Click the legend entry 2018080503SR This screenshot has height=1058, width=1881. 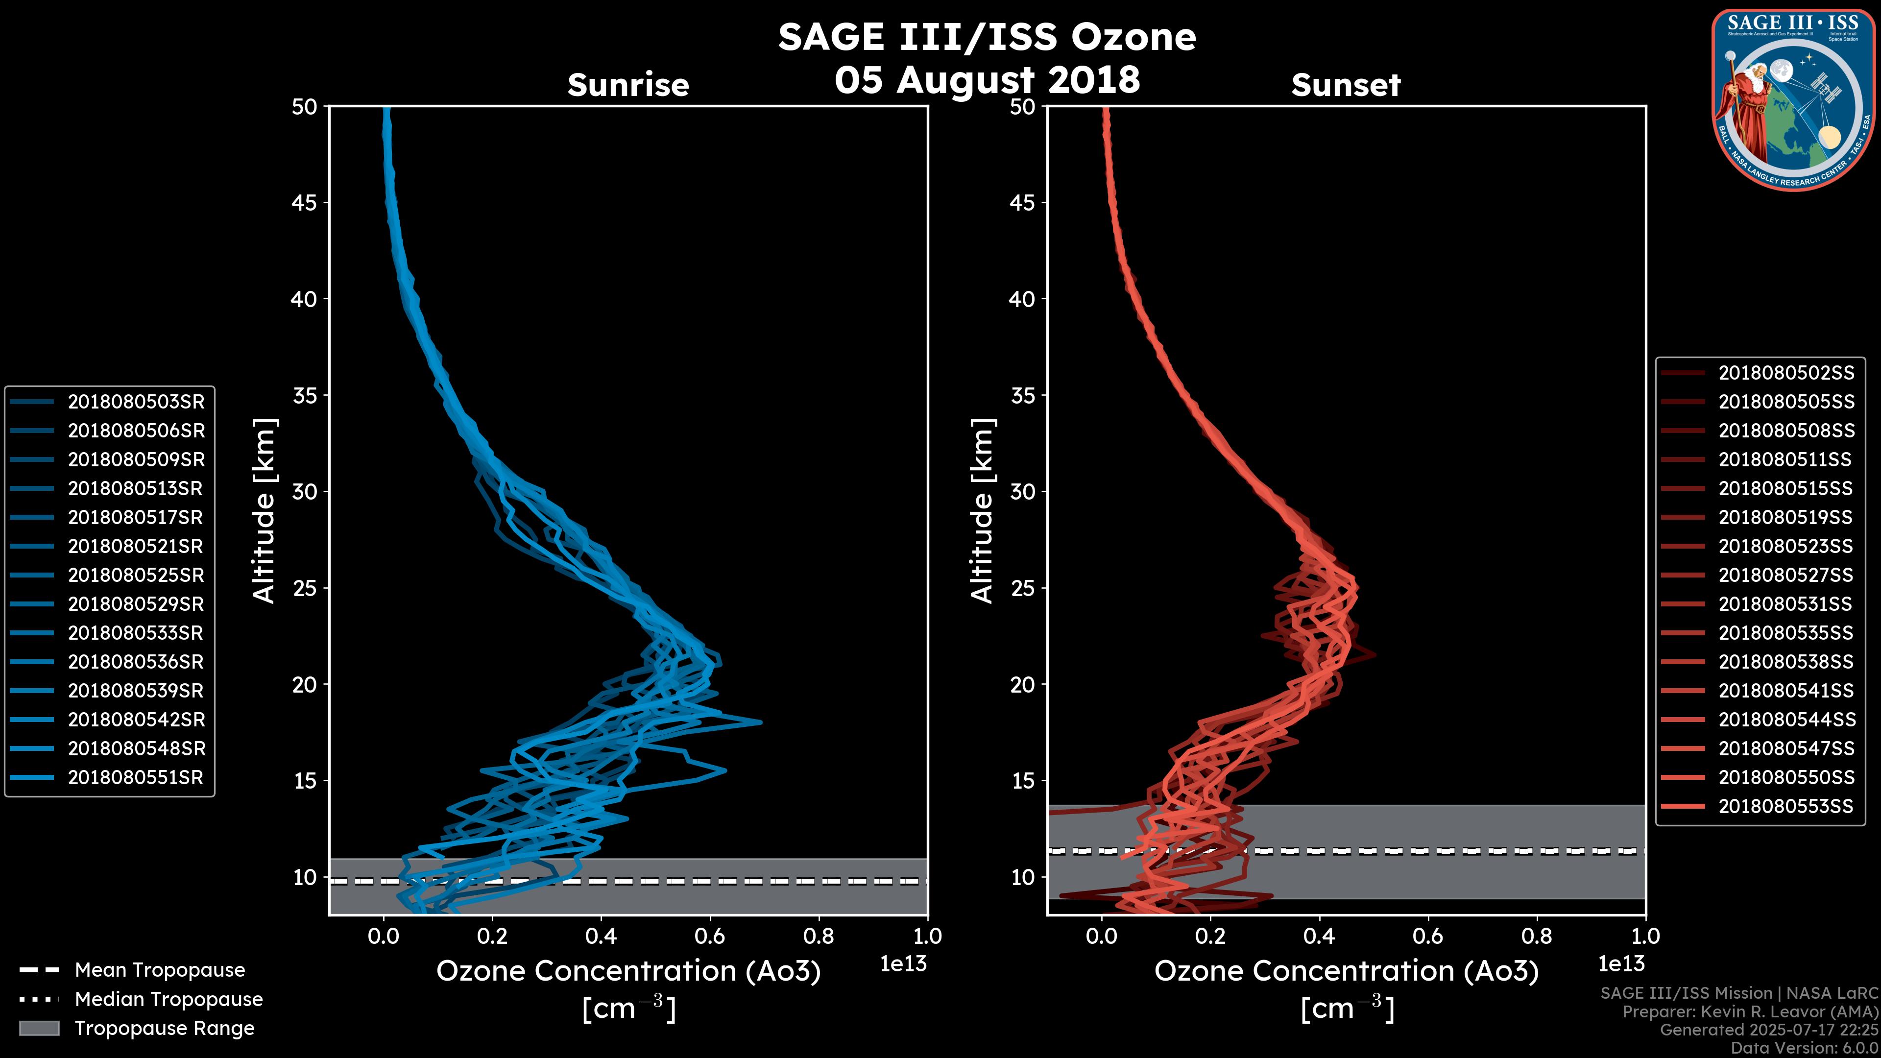pyautogui.click(x=136, y=402)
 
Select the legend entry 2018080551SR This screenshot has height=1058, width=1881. pyautogui.click(x=136, y=778)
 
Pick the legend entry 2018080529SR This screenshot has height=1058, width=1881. pyautogui.click(x=136, y=604)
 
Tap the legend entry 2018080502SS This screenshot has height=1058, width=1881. pyautogui.click(x=1786, y=373)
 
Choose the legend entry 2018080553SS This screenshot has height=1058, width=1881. pyautogui.click(x=1785, y=806)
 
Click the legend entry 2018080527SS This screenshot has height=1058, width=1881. pyautogui.click(x=1785, y=576)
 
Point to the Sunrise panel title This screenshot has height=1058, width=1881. pyautogui.click(x=628, y=85)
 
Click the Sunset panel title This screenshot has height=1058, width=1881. pyautogui.click(x=1346, y=85)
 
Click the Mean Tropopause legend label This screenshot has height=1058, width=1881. pyautogui.click(x=159, y=970)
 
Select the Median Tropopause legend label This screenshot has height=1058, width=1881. pyautogui.click(x=168, y=1000)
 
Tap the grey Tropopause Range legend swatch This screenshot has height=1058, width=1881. pyautogui.click(x=39, y=1029)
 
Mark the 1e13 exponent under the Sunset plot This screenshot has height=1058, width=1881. pyautogui.click(x=1621, y=964)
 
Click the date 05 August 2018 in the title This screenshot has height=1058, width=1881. pyautogui.click(x=987, y=79)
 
